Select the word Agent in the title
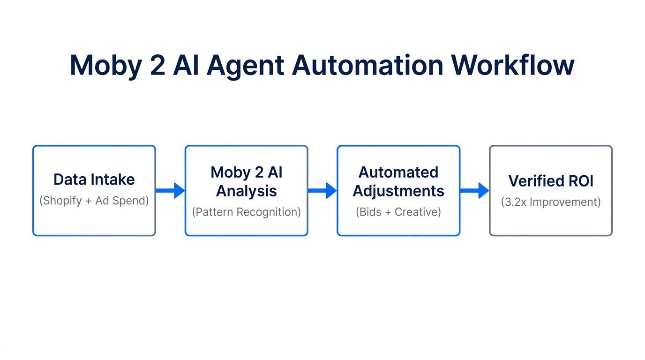click(x=245, y=66)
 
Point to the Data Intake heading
click(x=94, y=180)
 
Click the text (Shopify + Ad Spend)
click(x=94, y=201)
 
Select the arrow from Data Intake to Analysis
click(x=170, y=190)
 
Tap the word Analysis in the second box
click(x=246, y=191)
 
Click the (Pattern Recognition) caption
click(x=246, y=212)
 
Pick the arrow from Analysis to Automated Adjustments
click(x=322, y=190)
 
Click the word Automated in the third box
click(x=398, y=172)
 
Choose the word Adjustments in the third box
click(x=398, y=191)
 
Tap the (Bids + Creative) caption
click(x=398, y=212)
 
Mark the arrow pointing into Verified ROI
click(x=474, y=190)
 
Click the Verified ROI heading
click(x=551, y=181)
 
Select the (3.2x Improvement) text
click(x=551, y=202)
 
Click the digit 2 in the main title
click(x=157, y=65)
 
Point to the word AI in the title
click(x=186, y=65)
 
